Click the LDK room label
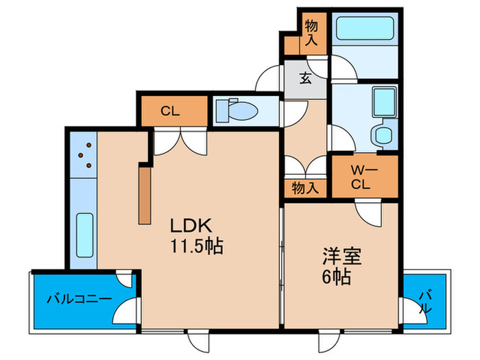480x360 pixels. click(x=191, y=226)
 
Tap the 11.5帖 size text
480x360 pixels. click(x=197, y=245)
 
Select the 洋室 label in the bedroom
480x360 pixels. click(x=342, y=256)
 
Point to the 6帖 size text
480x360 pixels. click(x=336, y=277)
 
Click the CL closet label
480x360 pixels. click(x=170, y=111)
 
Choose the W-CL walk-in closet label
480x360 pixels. click(x=361, y=177)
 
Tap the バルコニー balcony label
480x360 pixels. click(x=80, y=298)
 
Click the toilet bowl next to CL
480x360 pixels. click(x=237, y=110)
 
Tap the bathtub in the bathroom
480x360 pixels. click(x=365, y=28)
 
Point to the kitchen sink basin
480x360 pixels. click(x=84, y=235)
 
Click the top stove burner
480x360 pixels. click(x=88, y=145)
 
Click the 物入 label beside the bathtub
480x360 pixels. click(x=311, y=33)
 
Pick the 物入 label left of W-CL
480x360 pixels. click(x=305, y=188)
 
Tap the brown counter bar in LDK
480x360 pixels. click(x=145, y=195)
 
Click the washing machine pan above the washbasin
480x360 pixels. click(x=385, y=102)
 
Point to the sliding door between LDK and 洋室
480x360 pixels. click(x=282, y=266)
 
